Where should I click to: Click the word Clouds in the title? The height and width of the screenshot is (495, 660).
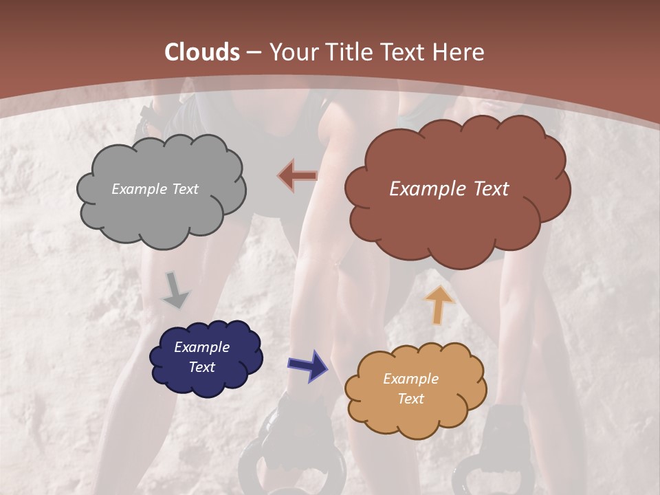[x=202, y=52]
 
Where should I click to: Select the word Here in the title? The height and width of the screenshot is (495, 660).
[x=459, y=52]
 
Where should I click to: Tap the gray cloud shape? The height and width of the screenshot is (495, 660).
[x=161, y=189]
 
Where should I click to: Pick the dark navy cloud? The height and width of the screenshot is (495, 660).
[x=206, y=357]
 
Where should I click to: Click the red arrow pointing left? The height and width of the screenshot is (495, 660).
[x=298, y=175]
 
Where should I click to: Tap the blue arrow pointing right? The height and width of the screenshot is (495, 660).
[x=307, y=365]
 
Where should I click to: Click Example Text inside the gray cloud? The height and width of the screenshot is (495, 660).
[x=155, y=189]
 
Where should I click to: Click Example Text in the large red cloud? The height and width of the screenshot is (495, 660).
[x=449, y=189]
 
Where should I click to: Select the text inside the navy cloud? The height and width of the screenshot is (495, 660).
[x=201, y=357]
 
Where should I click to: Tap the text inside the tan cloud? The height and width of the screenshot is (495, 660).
[x=410, y=389]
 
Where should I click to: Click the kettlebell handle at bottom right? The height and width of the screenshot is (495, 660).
[x=482, y=474]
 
